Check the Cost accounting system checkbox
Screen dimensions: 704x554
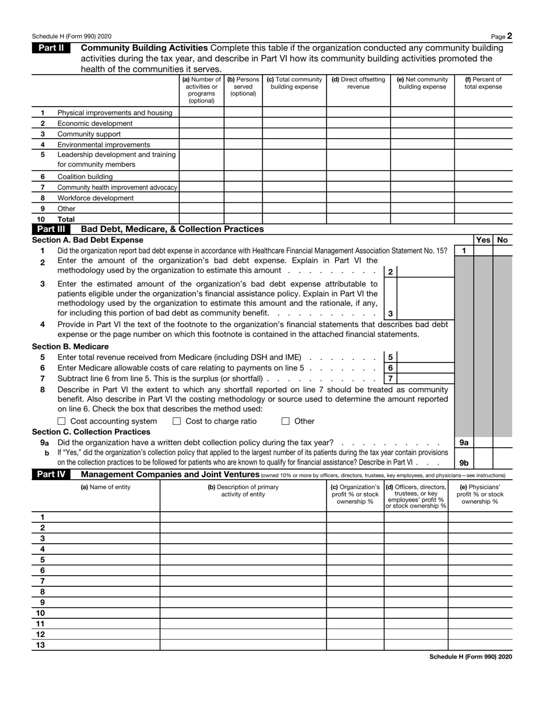click(62, 421)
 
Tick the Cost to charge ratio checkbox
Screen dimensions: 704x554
click(177, 421)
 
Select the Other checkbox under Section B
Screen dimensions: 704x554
click(286, 421)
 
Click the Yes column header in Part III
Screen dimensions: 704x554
click(483, 240)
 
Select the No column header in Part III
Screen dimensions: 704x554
click(503, 240)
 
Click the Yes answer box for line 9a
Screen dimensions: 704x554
click(483, 443)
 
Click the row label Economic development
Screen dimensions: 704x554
click(95, 124)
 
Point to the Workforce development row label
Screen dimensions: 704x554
click(96, 198)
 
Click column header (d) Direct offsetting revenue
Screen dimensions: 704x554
click(358, 83)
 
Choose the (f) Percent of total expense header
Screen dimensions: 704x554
click(483, 83)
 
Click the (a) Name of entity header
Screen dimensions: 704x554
click(106, 487)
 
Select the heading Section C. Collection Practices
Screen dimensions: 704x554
click(91, 432)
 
